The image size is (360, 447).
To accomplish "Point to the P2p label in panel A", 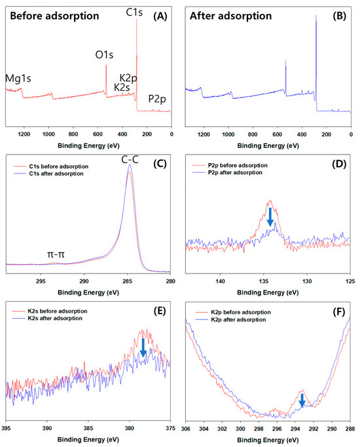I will pos(157,99).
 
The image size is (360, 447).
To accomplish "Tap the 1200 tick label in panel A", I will pos(24,134).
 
